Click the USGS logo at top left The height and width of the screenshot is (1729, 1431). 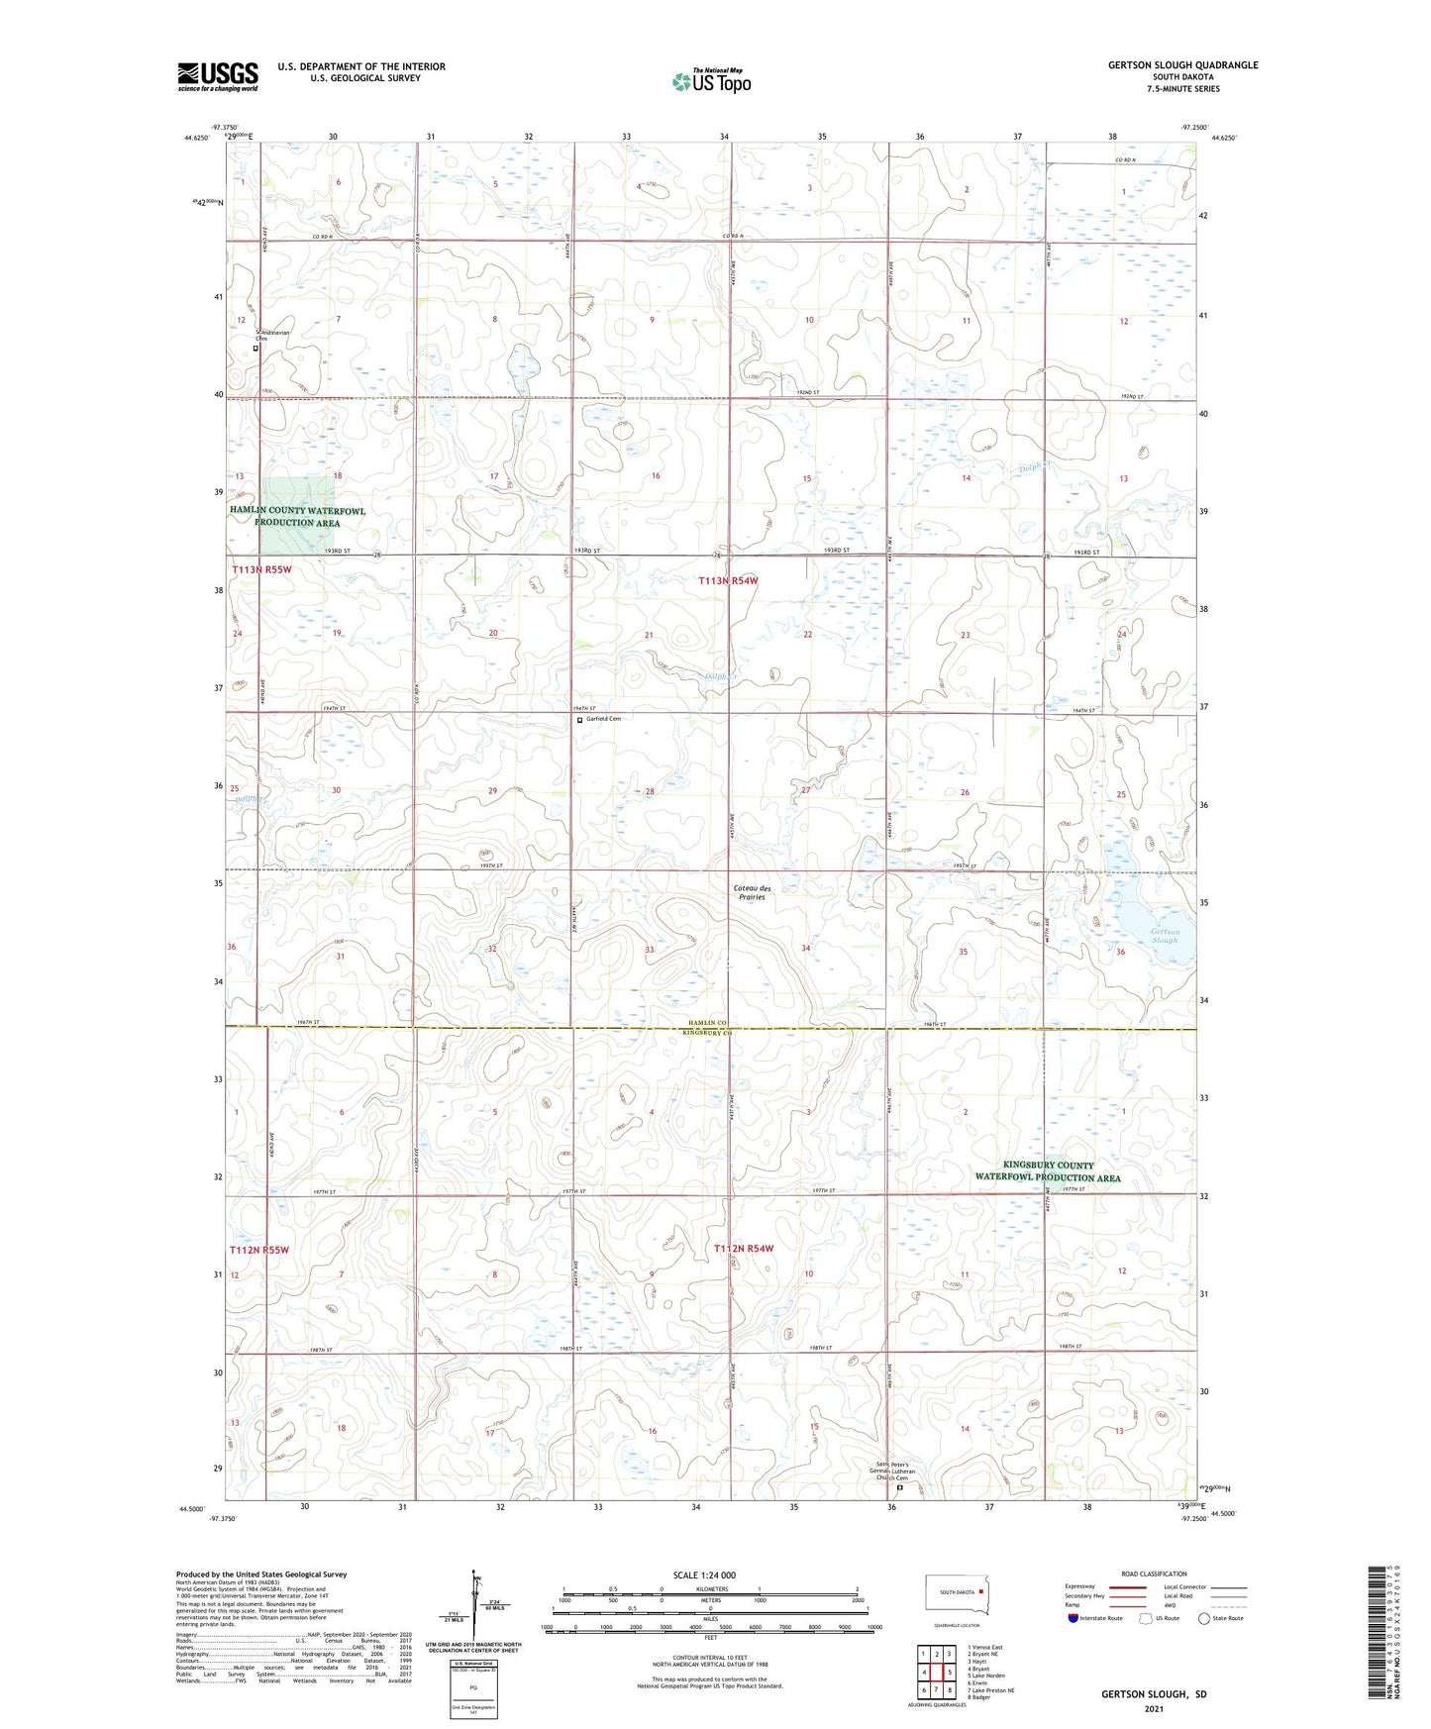coord(217,75)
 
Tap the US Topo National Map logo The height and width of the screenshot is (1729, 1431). coord(711,80)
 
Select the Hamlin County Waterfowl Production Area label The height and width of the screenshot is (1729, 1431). coord(298,517)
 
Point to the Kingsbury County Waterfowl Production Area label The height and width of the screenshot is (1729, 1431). coord(1048,1171)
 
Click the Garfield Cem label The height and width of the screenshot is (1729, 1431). coord(602,719)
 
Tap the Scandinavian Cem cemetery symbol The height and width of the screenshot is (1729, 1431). coord(256,349)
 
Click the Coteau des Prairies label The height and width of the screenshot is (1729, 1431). coord(752,892)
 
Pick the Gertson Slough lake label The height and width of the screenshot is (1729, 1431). coord(1165,936)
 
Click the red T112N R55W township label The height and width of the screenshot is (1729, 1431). coord(260,1250)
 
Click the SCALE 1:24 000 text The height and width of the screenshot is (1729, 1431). coord(704,1575)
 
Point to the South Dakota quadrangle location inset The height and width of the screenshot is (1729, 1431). coord(956,1594)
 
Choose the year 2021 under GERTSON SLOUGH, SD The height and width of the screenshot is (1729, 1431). coord(1153,1708)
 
